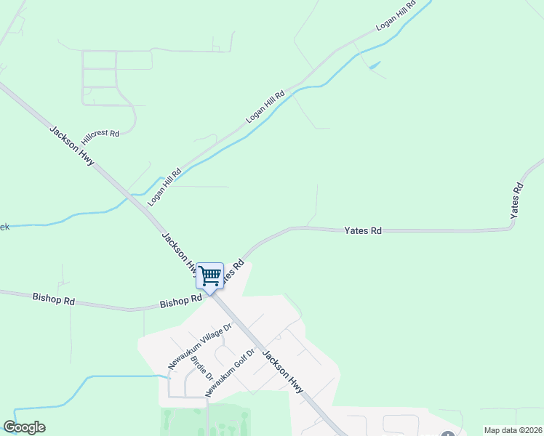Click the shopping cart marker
pyautogui.click(x=210, y=277)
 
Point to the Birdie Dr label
pyautogui.click(x=200, y=369)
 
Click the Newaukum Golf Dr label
pyautogui.click(x=230, y=373)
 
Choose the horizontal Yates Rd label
pyautogui.click(x=363, y=231)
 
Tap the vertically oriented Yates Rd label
pyautogui.click(x=516, y=201)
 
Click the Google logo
pyautogui.click(x=24, y=427)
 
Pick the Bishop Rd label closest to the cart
pyautogui.click(x=181, y=301)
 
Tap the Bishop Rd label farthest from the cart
pyautogui.click(x=54, y=299)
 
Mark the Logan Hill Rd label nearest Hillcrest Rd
pyautogui.click(x=164, y=187)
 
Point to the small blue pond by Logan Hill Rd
pyautogui.click(x=375, y=65)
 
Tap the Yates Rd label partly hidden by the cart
pyautogui.click(x=231, y=270)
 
